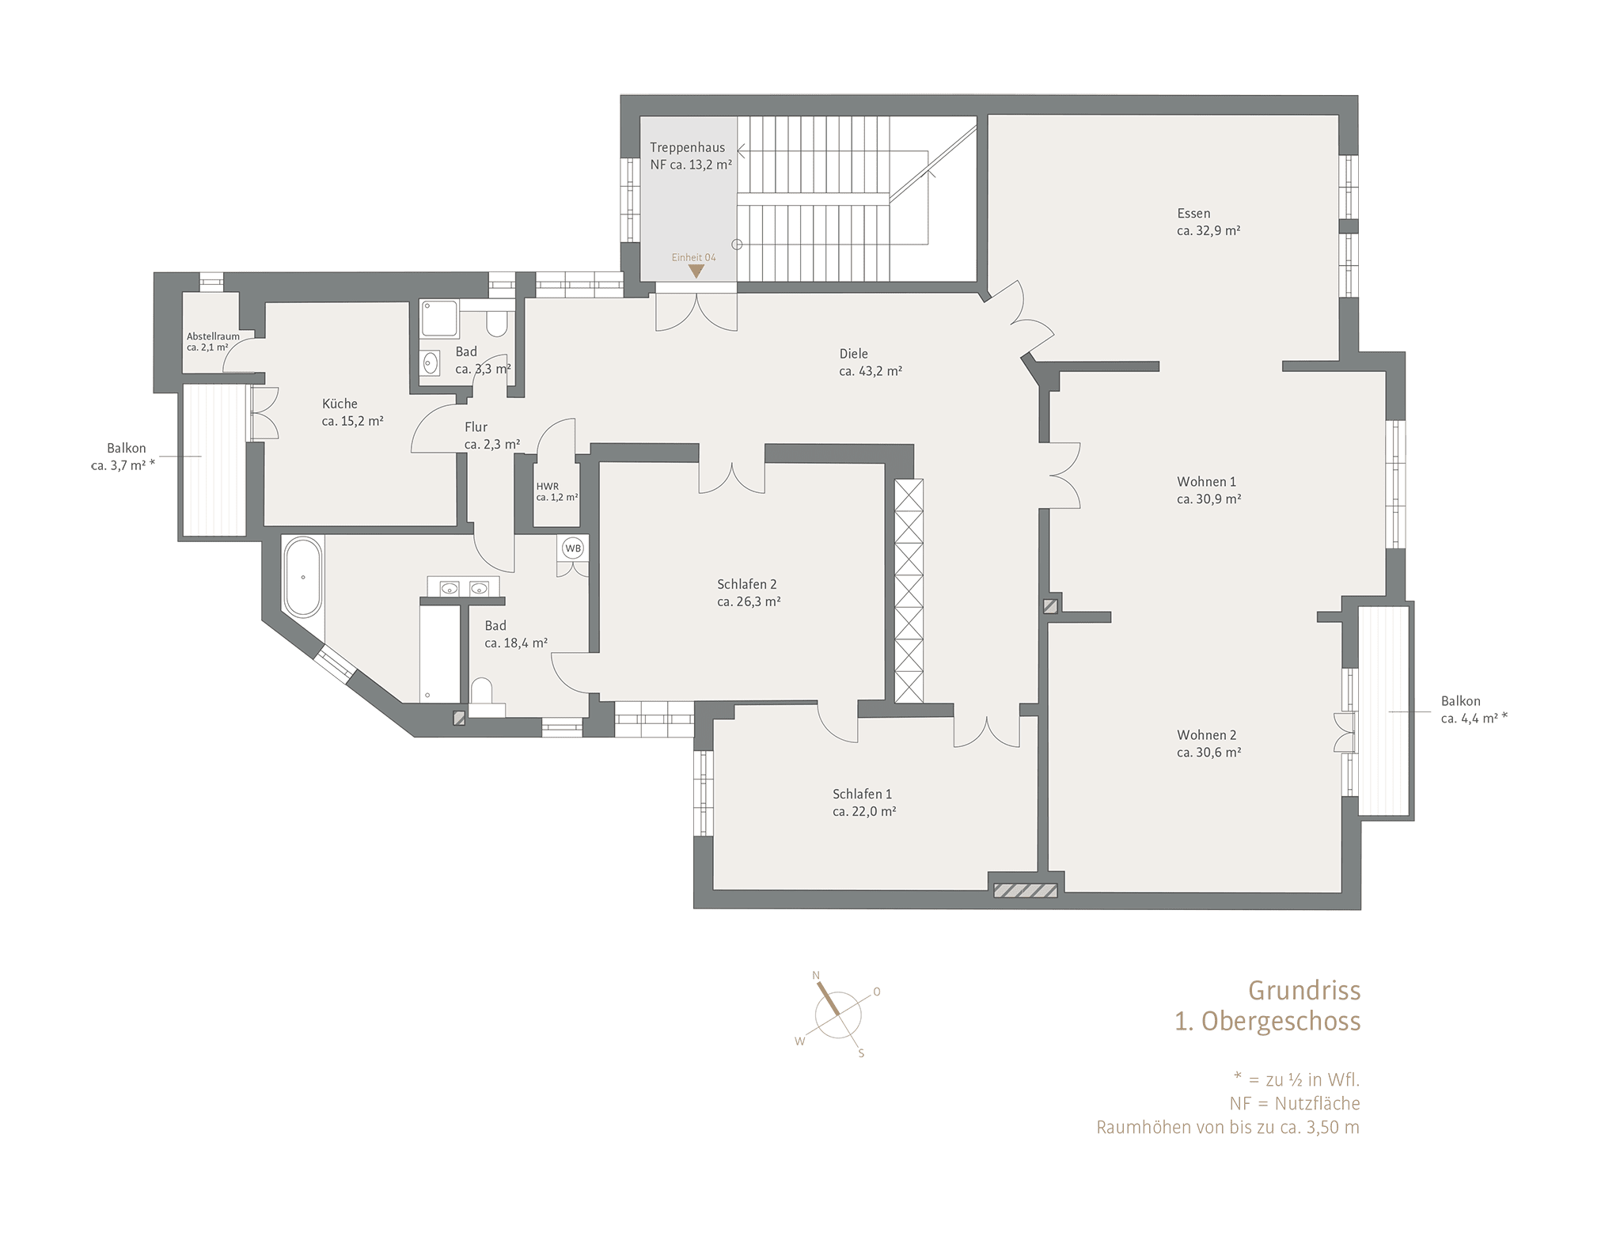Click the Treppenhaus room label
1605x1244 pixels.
coord(687,147)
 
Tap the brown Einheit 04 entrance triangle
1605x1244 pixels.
coord(696,271)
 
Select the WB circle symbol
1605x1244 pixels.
coord(573,548)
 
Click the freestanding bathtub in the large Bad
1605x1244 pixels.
coord(303,577)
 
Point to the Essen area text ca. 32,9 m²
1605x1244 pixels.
coord(1208,231)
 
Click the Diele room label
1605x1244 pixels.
coord(854,354)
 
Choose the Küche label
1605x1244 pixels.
coord(340,404)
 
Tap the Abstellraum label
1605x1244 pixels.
coord(213,336)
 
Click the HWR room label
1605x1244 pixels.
coord(547,487)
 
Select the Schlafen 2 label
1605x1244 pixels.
coord(747,584)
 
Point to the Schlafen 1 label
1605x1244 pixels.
coord(862,794)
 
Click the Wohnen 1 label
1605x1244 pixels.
coord(1206,481)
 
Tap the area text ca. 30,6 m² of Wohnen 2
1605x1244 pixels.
coord(1208,753)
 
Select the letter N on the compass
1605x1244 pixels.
coord(816,976)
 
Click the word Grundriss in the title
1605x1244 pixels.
coord(1304,991)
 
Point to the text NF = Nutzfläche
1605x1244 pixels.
coord(1295,1103)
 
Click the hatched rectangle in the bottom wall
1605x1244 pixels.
coord(1026,891)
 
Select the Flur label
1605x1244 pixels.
coord(476,427)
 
